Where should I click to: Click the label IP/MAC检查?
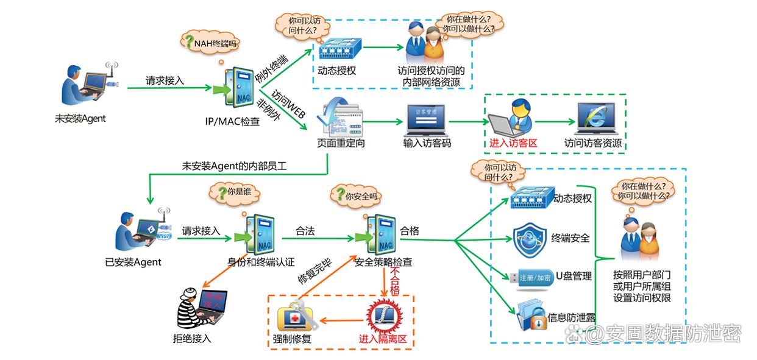coord(232,121)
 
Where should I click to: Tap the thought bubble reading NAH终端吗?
coord(211,43)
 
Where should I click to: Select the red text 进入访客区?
coord(512,144)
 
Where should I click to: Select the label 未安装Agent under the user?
coord(80,119)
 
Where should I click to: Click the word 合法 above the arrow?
coord(305,231)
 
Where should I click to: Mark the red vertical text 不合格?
coord(394,280)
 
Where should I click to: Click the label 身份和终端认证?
coord(260,263)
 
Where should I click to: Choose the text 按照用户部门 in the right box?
coord(642,275)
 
